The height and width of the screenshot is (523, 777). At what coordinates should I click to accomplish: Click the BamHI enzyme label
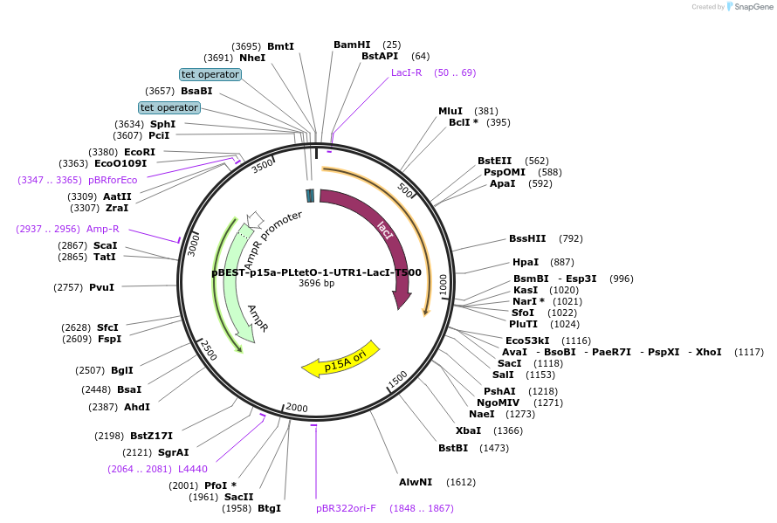click(x=352, y=45)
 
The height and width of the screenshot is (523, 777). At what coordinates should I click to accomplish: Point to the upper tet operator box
click(x=210, y=74)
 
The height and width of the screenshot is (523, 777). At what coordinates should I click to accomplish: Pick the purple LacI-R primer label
click(x=406, y=72)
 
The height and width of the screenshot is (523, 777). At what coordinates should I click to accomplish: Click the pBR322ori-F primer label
click(x=346, y=507)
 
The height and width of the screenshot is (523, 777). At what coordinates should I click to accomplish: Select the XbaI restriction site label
click(x=468, y=430)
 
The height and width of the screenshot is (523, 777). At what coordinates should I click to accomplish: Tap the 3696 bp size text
click(x=316, y=284)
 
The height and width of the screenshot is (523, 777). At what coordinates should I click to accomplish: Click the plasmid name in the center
click(x=316, y=272)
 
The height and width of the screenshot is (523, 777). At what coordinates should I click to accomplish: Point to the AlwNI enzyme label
click(x=416, y=482)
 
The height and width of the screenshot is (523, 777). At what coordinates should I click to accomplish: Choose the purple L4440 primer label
click(x=193, y=469)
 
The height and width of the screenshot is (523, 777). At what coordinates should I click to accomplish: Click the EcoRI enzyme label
click(x=140, y=151)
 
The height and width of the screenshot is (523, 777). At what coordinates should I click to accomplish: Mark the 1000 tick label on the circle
click(x=444, y=285)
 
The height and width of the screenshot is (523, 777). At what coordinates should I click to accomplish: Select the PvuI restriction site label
click(x=101, y=287)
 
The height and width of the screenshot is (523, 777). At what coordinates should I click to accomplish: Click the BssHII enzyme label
click(x=527, y=238)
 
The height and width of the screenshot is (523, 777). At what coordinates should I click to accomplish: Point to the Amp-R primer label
click(x=103, y=229)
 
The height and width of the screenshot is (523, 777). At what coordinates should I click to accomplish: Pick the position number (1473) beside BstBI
click(x=494, y=448)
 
